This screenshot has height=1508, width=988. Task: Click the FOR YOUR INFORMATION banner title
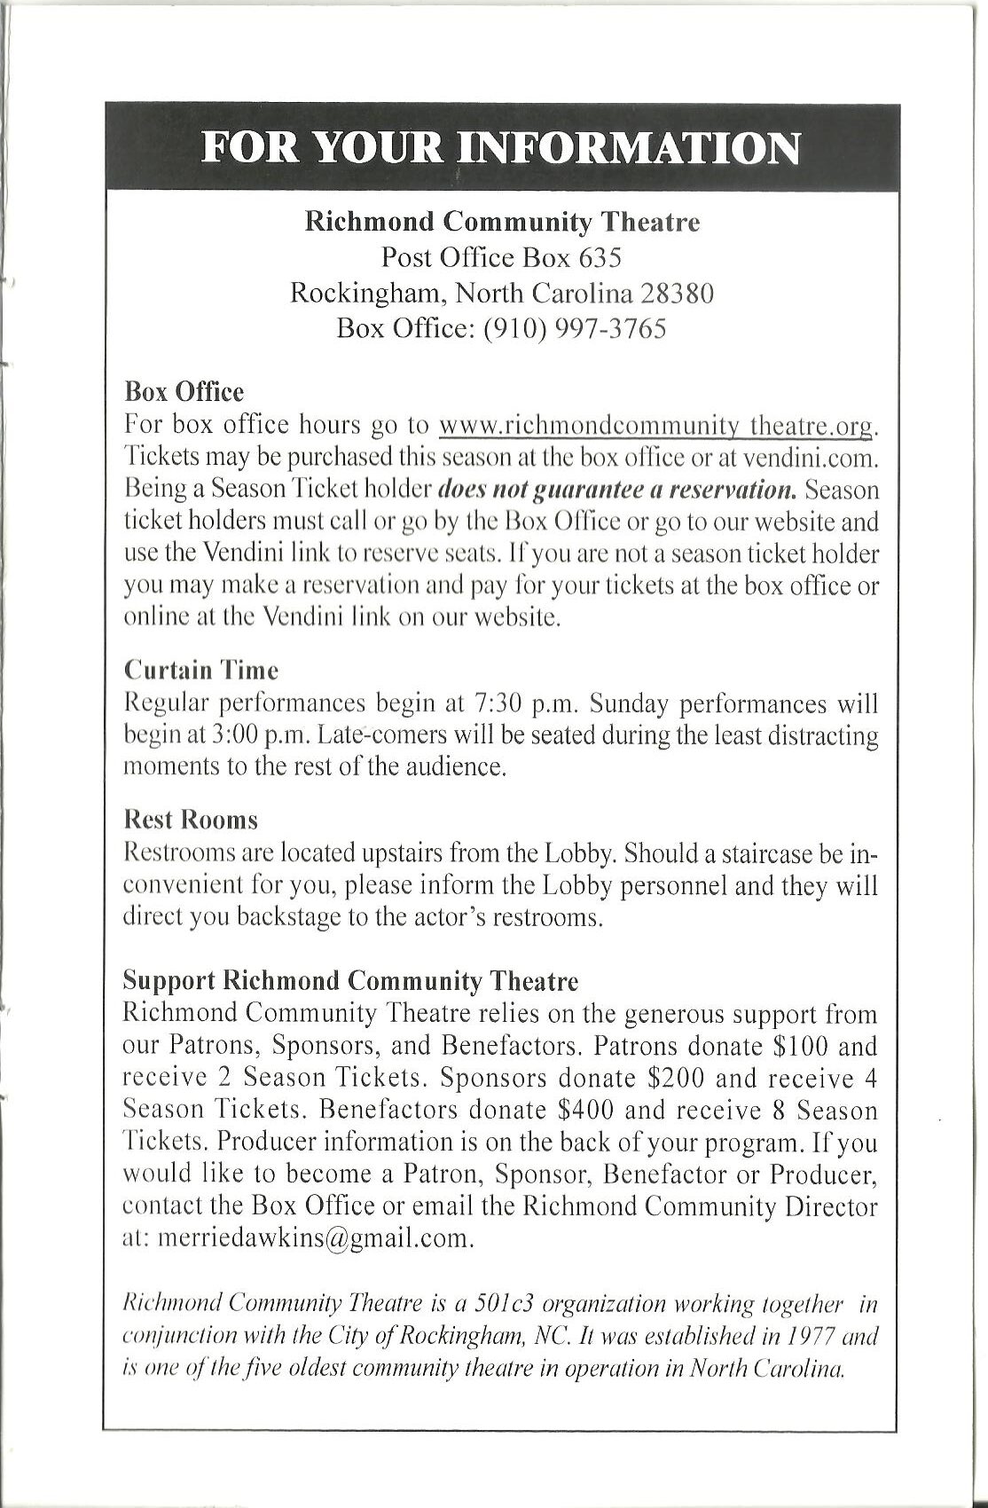point(501,146)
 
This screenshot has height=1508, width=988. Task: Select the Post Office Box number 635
point(600,257)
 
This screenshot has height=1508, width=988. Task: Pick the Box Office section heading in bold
point(184,391)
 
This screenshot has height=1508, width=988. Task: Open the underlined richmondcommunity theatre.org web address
point(657,426)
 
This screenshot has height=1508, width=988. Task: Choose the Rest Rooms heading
point(191,818)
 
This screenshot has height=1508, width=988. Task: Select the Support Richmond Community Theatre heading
point(350,981)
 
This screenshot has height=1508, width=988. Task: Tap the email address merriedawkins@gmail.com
point(316,1238)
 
